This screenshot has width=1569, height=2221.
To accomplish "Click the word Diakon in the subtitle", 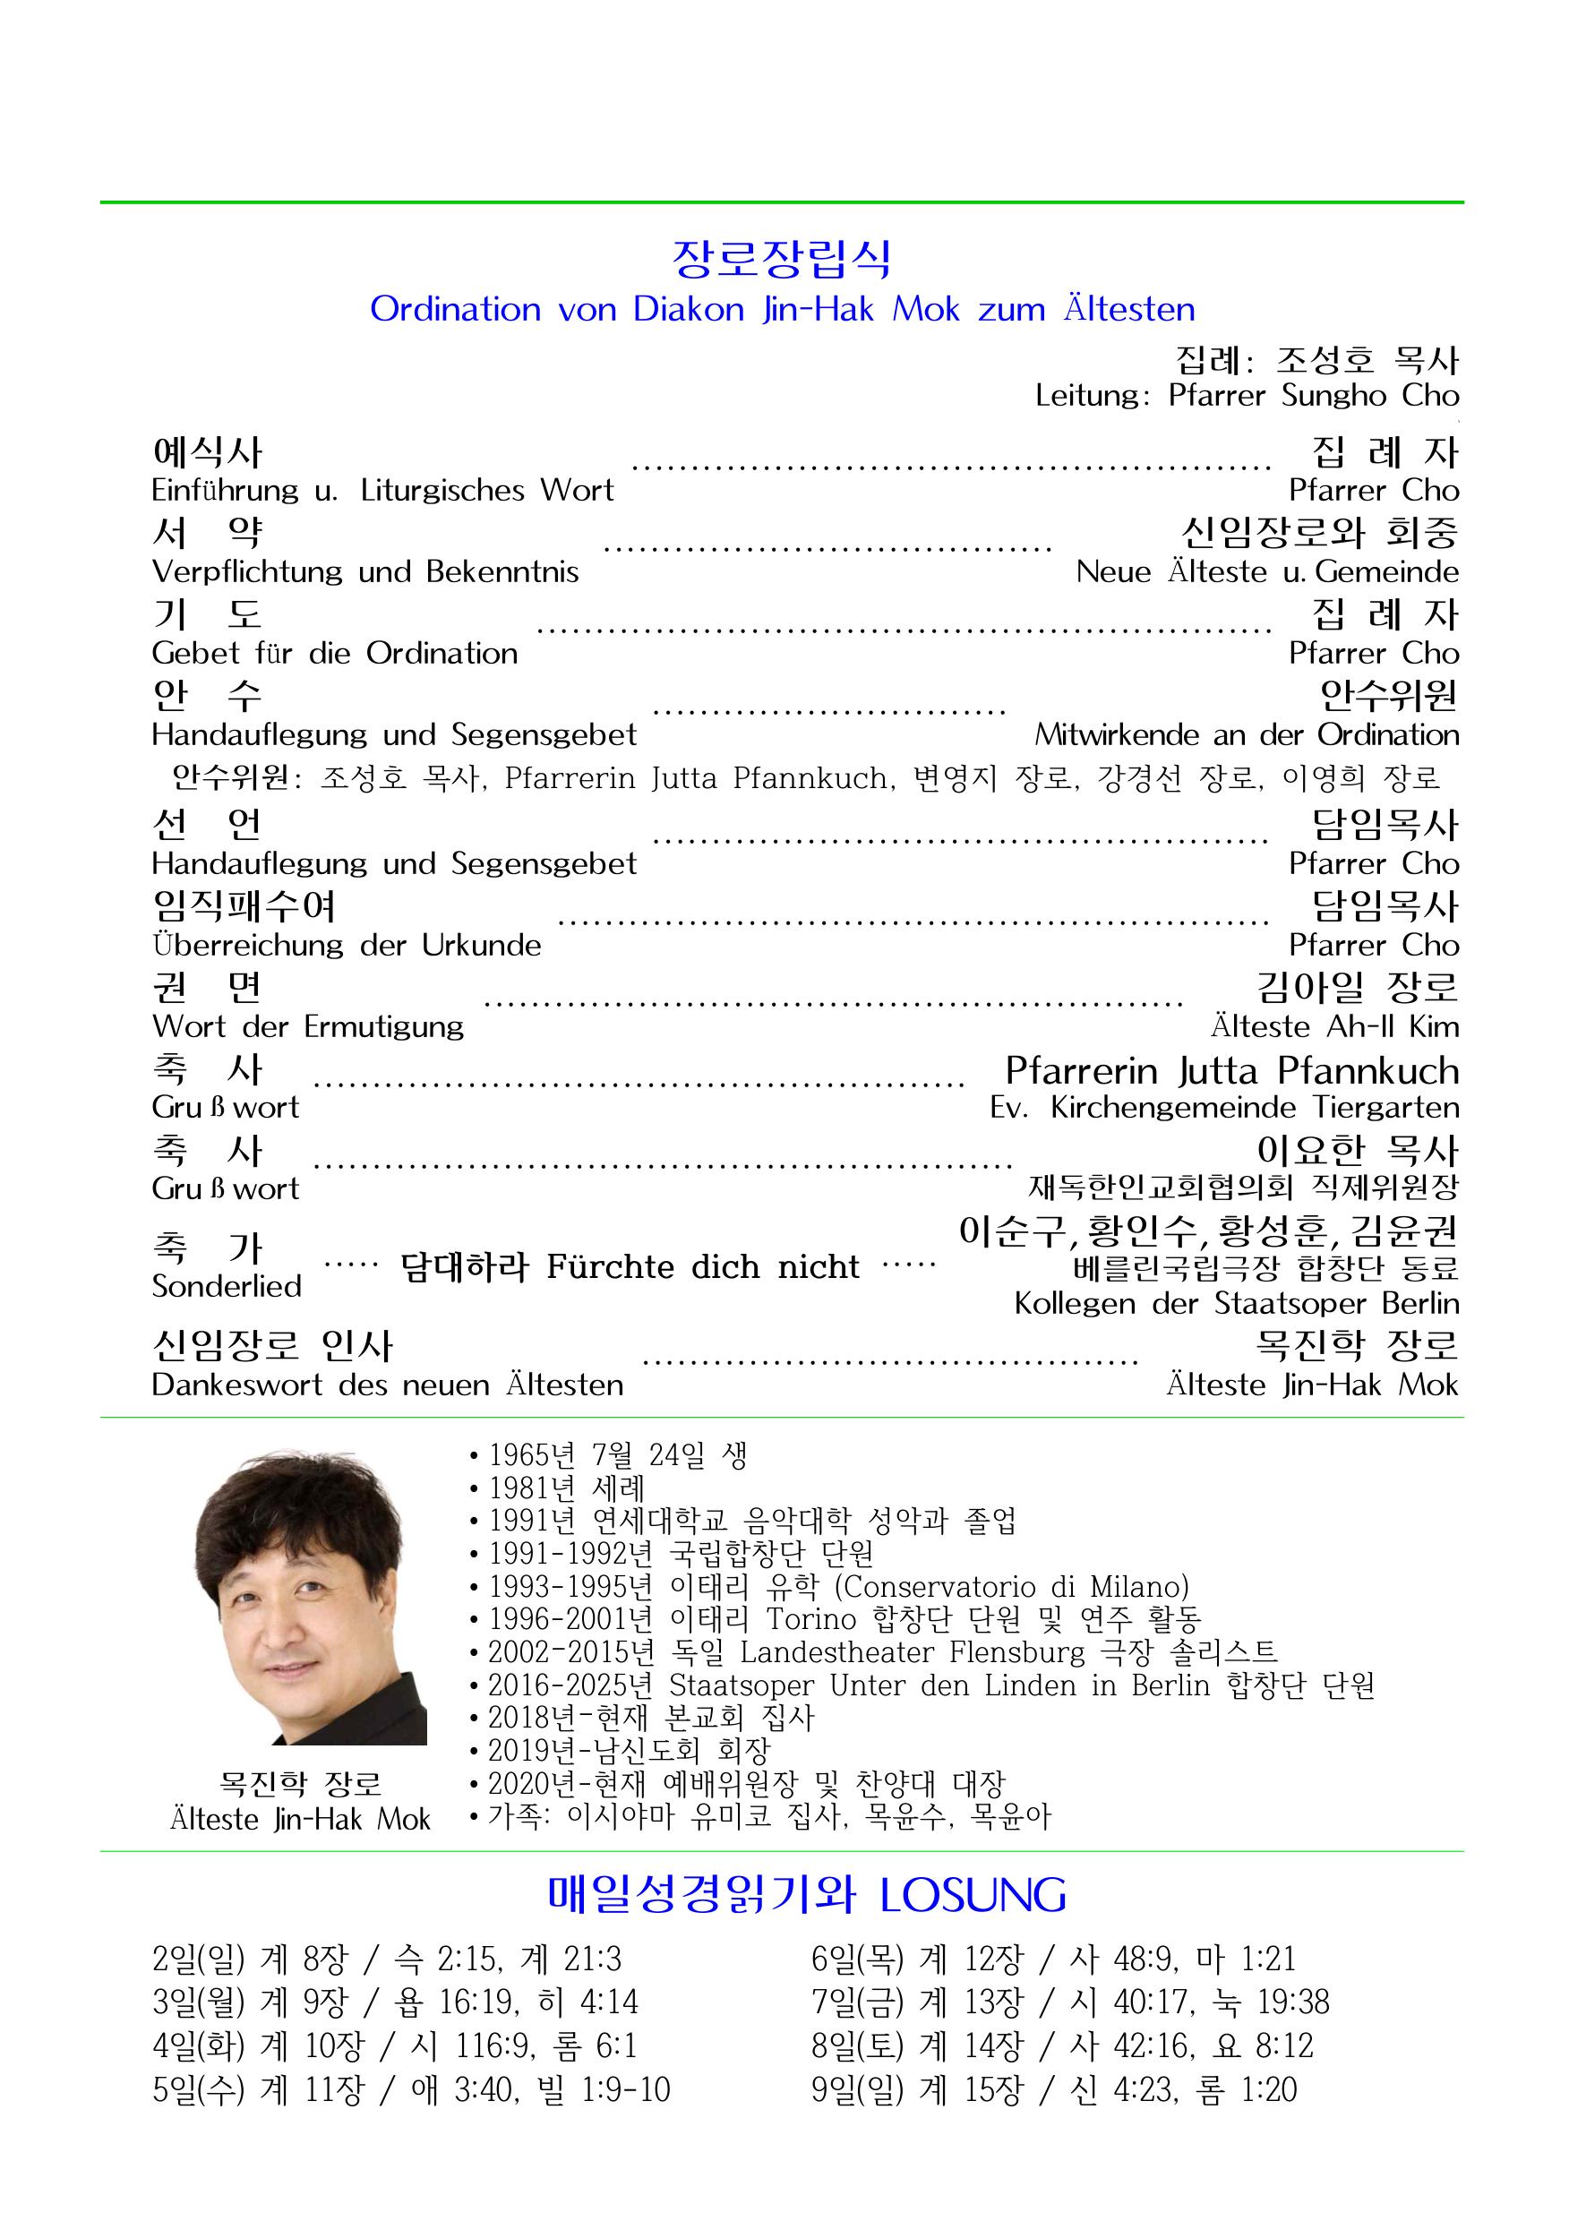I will pyautogui.click(x=688, y=310).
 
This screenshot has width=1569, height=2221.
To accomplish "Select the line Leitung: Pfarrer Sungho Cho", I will pyautogui.click(x=1246, y=396).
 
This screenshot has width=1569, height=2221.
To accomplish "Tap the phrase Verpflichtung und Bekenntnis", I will pyautogui.click(x=364, y=571).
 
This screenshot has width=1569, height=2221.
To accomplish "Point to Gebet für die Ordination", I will pyautogui.click(x=335, y=654).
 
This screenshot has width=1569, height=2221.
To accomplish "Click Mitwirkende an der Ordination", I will pyautogui.click(x=1246, y=735).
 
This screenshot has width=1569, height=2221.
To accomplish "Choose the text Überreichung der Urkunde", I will pyautogui.click(x=347, y=945).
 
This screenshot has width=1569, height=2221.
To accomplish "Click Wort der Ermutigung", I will pyautogui.click(x=307, y=1026).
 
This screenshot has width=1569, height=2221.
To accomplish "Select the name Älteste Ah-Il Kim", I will pyautogui.click(x=1334, y=1026).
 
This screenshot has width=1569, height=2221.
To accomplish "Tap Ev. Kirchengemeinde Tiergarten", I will pyautogui.click(x=1223, y=1108).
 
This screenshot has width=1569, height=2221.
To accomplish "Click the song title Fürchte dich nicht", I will pyautogui.click(x=702, y=1267).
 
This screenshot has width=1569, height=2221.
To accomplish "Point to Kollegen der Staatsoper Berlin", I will pyautogui.click(x=1236, y=1304).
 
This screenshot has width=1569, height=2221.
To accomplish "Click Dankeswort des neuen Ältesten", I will pyautogui.click(x=387, y=1385).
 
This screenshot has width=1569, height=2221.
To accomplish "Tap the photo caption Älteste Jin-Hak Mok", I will pyautogui.click(x=300, y=1820).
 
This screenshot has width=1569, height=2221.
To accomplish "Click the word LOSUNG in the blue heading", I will pyautogui.click(x=973, y=1896).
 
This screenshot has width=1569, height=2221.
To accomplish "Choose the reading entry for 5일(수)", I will pyautogui.click(x=411, y=2090).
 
